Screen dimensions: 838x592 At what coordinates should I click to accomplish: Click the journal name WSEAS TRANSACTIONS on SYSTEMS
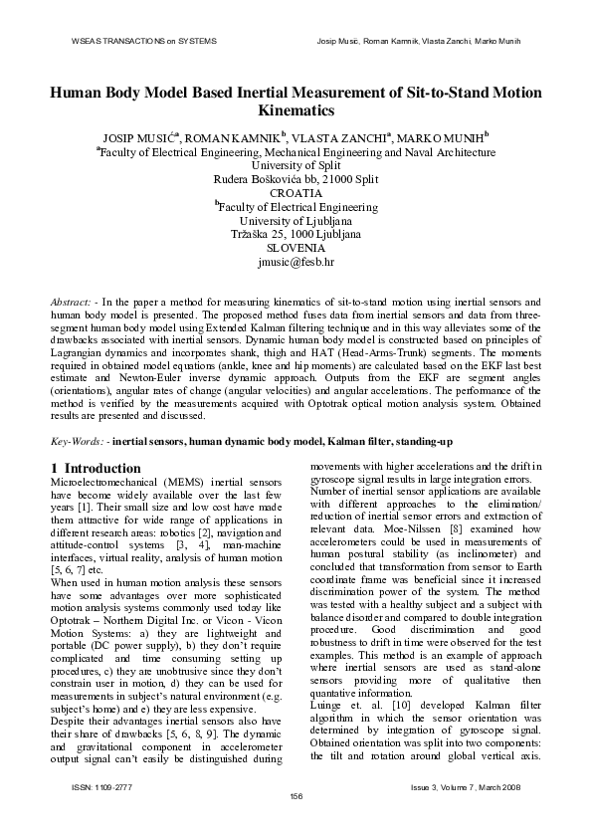click(x=144, y=41)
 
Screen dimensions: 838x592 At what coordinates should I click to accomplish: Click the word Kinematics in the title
click(x=296, y=110)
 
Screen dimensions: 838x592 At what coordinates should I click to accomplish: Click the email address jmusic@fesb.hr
click(x=296, y=263)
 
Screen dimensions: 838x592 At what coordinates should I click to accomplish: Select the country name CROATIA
click(x=296, y=193)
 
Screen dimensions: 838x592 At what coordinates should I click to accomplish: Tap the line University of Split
click(x=296, y=165)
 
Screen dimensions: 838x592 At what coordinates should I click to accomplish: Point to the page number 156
click(x=296, y=794)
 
